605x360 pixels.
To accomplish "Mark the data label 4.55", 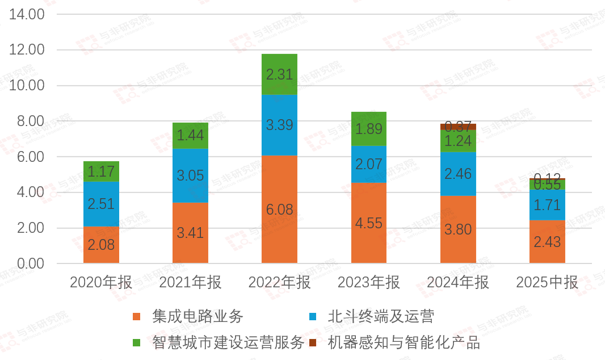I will click(369, 223).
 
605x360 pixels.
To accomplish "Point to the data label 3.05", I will click(190, 175).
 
